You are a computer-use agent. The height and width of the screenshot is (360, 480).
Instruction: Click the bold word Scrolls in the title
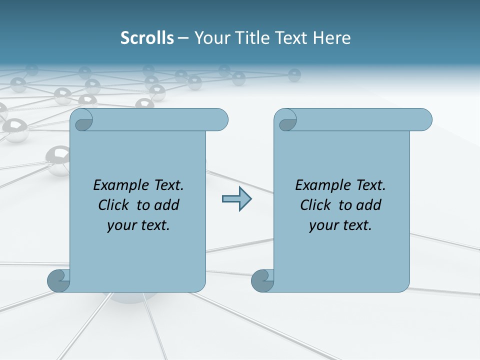click(x=147, y=38)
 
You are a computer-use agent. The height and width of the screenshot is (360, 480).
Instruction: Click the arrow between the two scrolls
click(x=236, y=199)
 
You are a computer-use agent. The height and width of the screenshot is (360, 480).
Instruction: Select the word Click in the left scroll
click(x=114, y=205)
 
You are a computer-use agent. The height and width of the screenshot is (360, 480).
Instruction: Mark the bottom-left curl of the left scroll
click(x=58, y=281)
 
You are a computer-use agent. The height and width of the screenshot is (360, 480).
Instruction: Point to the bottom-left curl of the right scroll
click(x=262, y=281)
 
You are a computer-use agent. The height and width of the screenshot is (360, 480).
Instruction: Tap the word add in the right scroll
click(x=368, y=205)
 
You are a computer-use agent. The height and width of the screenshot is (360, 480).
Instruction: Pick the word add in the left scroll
click(x=166, y=205)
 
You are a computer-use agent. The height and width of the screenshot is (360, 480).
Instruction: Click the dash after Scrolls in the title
click(x=183, y=38)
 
